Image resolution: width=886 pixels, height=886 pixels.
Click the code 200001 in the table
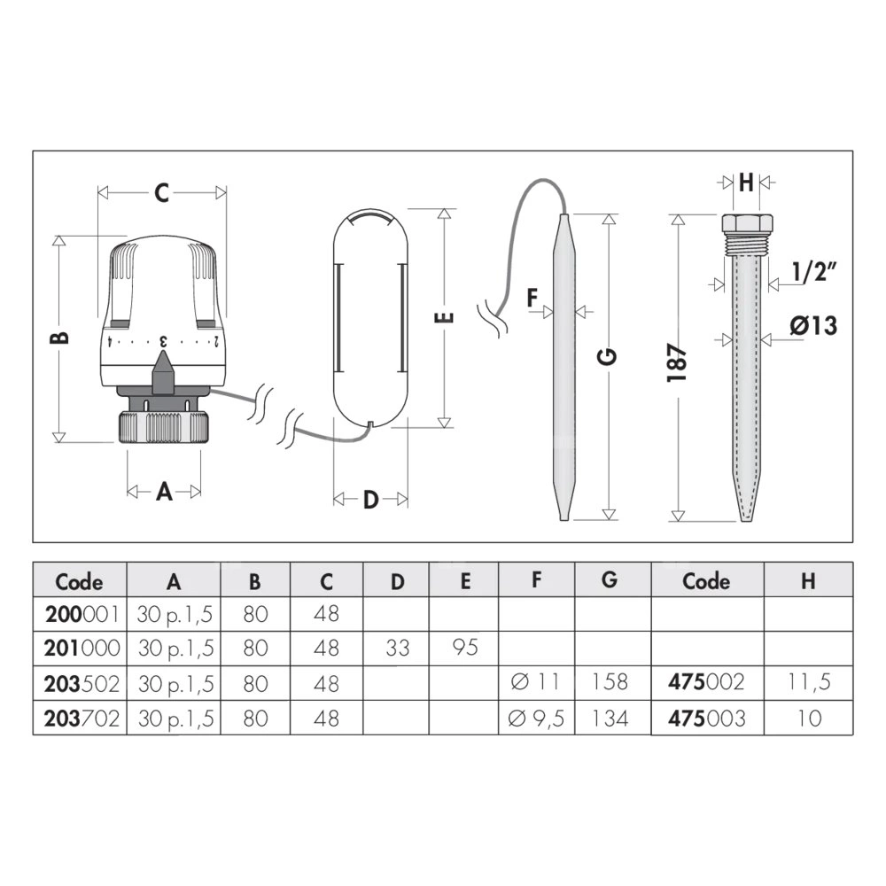82,614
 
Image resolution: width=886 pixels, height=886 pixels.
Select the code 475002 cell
706,682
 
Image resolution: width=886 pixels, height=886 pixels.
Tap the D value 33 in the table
397,649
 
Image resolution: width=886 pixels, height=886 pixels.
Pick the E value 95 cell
465,648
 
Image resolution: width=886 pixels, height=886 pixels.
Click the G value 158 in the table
610,682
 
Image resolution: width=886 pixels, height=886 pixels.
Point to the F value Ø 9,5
536,719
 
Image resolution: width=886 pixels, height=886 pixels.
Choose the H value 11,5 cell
809,682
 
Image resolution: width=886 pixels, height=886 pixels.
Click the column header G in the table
610,579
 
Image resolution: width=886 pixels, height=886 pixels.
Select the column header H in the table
809,581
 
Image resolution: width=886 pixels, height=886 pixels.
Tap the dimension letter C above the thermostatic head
161,193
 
